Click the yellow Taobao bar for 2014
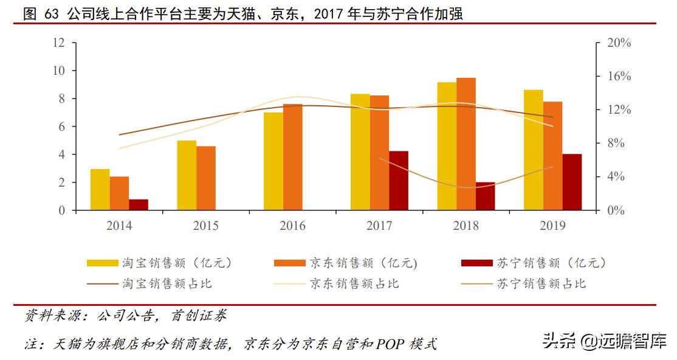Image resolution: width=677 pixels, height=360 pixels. pyautogui.click(x=100, y=190)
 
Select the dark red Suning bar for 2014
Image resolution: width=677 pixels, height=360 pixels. pyautogui.click(x=139, y=205)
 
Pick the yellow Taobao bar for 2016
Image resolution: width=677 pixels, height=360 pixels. pyautogui.click(x=273, y=161)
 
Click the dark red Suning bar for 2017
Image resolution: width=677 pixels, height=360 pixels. pyautogui.click(x=399, y=181)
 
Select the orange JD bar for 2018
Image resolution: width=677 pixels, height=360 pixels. pyautogui.click(x=466, y=144)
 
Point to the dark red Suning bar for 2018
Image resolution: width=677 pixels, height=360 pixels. pyautogui.click(x=486, y=196)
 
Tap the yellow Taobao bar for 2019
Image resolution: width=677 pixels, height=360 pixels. pyautogui.click(x=534, y=150)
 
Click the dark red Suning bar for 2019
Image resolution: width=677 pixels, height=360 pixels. pyautogui.click(x=572, y=182)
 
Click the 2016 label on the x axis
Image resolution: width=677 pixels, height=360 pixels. pyautogui.click(x=292, y=226)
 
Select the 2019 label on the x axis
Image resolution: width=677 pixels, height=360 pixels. pyautogui.click(x=552, y=226)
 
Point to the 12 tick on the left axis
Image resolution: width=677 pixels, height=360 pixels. pyautogui.click(x=59, y=43)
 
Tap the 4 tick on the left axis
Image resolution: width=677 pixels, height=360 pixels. pyautogui.click(x=61, y=154)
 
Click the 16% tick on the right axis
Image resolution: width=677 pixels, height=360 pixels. pyautogui.click(x=619, y=77)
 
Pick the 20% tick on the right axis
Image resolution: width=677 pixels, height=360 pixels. pyautogui.click(x=619, y=43)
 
